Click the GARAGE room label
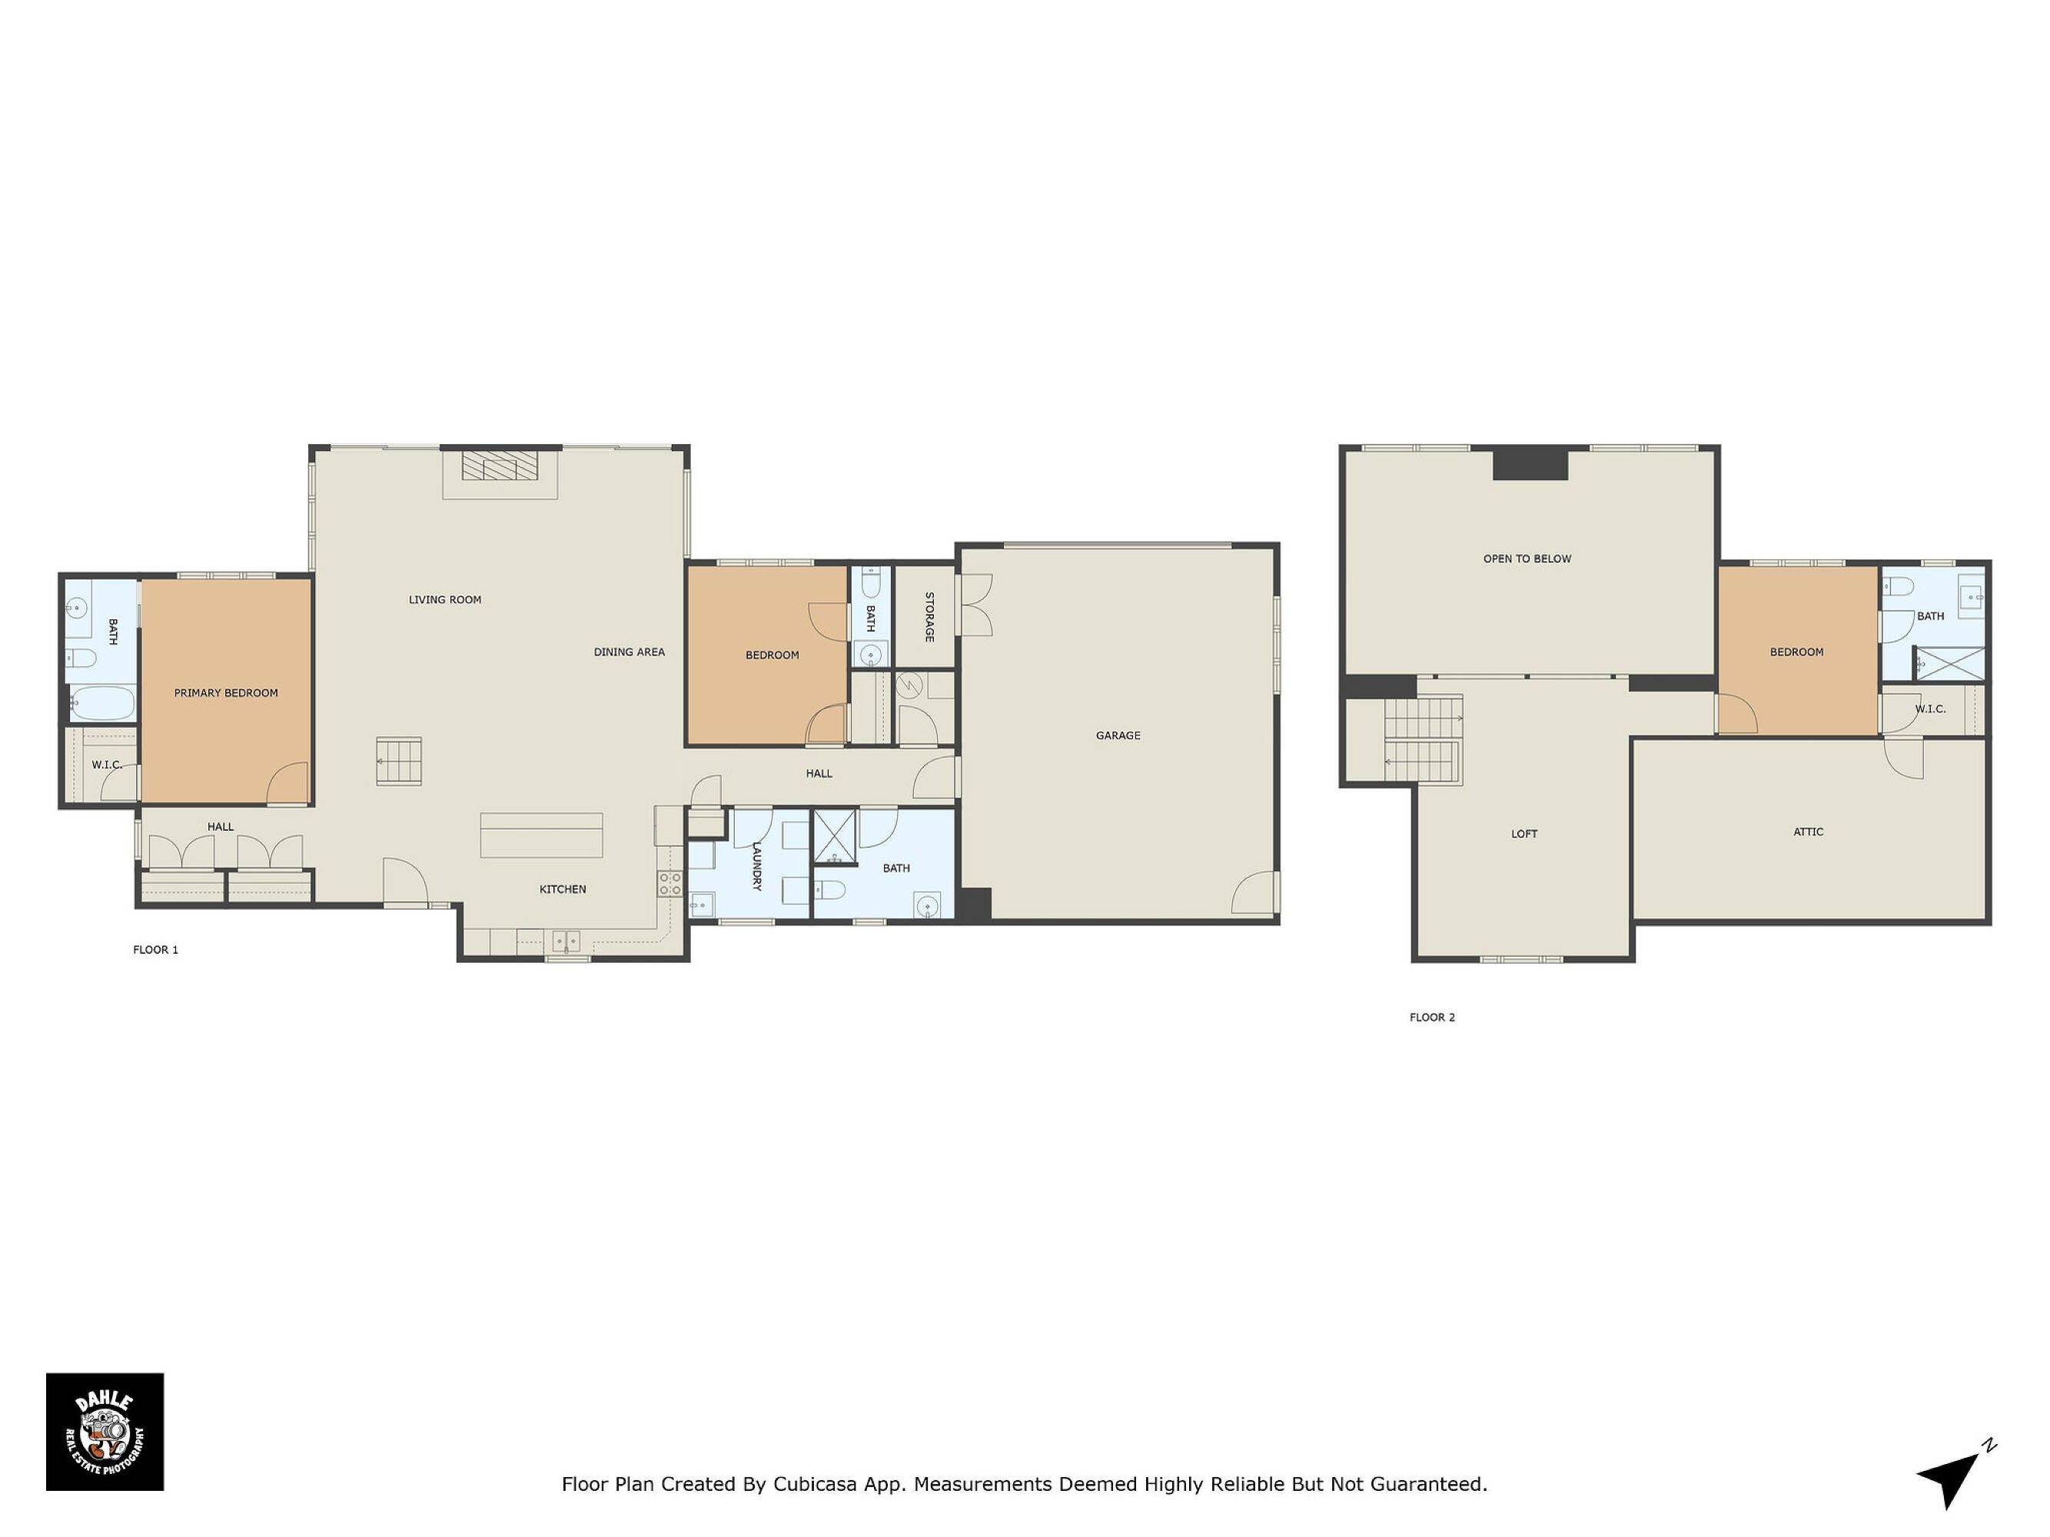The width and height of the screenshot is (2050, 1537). [x=1118, y=735]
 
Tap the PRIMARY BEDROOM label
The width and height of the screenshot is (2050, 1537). [x=226, y=693]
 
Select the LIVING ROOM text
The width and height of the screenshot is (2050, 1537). [x=445, y=599]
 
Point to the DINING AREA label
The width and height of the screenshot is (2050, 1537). [x=630, y=652]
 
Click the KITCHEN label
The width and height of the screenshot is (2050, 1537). [x=563, y=889]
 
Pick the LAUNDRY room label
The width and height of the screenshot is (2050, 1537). [x=756, y=866]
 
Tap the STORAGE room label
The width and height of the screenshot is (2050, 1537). [x=929, y=617]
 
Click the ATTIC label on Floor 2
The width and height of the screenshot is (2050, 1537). [x=1808, y=832]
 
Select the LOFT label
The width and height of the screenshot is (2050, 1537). [x=1524, y=834]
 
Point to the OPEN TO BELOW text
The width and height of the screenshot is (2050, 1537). [x=1527, y=559]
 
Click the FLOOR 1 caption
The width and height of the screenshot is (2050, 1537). [x=156, y=950]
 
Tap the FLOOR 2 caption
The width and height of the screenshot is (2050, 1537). [x=1433, y=1017]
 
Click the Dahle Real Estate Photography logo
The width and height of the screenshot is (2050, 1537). [x=105, y=1432]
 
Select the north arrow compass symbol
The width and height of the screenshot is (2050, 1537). [x=1955, y=1472]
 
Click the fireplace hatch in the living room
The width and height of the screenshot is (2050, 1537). [x=500, y=465]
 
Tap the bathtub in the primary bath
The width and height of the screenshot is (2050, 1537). [x=102, y=704]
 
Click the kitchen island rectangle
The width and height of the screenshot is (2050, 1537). [x=541, y=835]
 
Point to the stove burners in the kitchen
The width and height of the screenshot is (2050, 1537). [x=670, y=884]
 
